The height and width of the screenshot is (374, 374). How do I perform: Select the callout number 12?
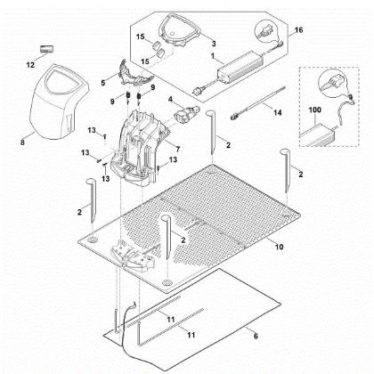[28, 64]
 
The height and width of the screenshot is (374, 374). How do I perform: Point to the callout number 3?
[213, 42]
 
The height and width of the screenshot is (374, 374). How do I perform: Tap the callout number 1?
[213, 56]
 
